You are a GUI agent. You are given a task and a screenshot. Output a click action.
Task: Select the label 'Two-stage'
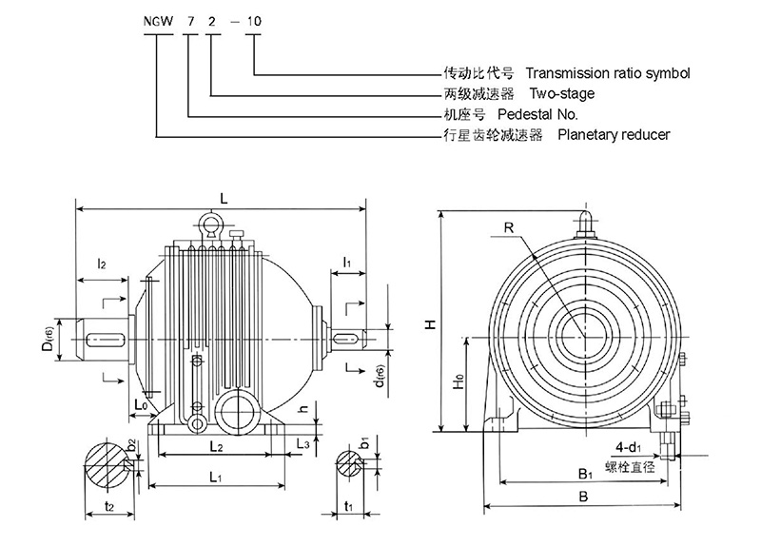coord(562,93)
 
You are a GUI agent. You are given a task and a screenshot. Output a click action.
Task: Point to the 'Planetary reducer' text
coord(614,135)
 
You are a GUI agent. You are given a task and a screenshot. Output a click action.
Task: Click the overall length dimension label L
coord(223,198)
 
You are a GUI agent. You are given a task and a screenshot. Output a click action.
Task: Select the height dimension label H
coord(430,324)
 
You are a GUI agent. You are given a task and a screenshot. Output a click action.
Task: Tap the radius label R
coord(510,228)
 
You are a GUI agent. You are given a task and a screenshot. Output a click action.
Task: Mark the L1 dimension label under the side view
coord(216,475)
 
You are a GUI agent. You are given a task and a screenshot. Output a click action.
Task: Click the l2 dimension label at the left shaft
coord(100,264)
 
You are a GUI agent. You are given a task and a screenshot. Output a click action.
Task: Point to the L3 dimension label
coord(303,443)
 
